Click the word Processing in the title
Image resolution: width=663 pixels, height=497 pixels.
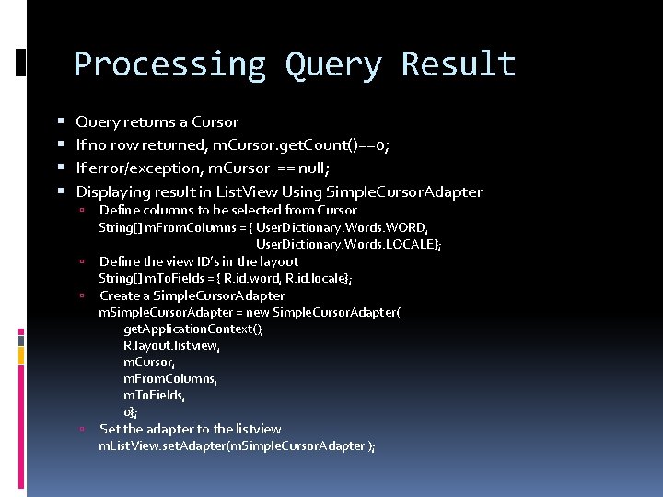click(x=169, y=64)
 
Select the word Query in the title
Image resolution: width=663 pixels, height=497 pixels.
click(x=332, y=64)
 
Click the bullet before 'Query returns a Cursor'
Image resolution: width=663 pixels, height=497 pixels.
click(x=60, y=121)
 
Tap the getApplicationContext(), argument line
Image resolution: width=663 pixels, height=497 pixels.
click(x=193, y=329)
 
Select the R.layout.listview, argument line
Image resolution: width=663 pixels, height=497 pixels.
click(x=172, y=345)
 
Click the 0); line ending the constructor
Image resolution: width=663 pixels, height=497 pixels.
click(x=131, y=411)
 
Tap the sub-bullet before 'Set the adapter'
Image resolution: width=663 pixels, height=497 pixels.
click(x=82, y=429)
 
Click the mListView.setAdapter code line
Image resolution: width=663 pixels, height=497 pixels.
click(x=237, y=445)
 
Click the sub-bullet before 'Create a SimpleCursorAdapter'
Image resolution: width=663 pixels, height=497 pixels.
click(x=82, y=295)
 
